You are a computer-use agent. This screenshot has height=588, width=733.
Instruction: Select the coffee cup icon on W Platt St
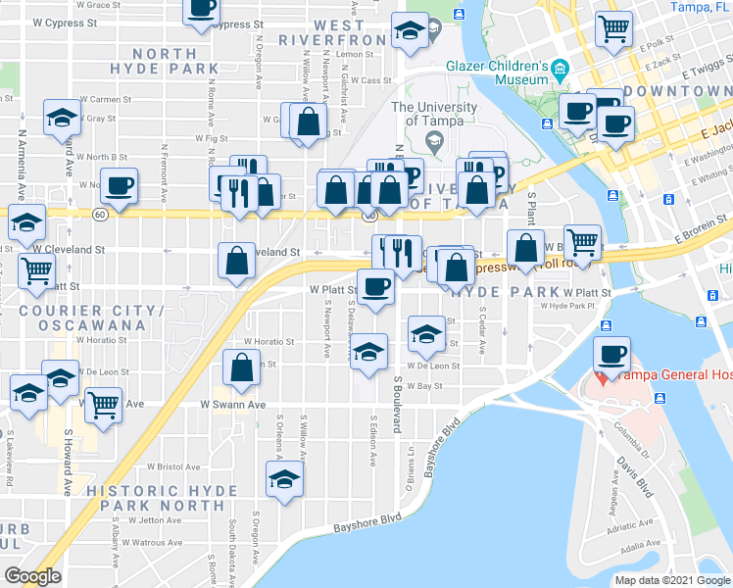click(375, 285)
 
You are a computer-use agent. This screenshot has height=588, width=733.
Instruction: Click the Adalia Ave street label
click(639, 544)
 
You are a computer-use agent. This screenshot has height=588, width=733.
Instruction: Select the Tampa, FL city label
click(700, 7)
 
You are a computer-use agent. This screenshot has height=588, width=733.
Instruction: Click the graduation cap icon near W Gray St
click(62, 118)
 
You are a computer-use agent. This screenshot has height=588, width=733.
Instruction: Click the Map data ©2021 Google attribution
click(671, 580)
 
